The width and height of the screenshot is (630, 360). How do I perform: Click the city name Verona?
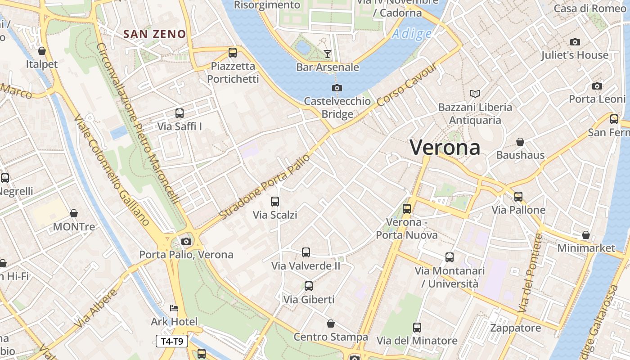pos(445,147)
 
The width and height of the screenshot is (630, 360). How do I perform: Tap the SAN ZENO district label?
pos(154,34)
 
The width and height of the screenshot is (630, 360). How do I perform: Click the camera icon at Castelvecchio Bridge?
pos(337,88)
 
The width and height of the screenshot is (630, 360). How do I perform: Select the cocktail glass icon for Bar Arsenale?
pos(328,54)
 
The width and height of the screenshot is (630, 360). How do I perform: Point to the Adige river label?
pos(411,34)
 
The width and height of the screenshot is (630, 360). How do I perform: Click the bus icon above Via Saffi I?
pos(180,113)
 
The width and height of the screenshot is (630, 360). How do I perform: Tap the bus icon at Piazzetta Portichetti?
pos(233,53)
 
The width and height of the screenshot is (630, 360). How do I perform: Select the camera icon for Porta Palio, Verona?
pos(186,242)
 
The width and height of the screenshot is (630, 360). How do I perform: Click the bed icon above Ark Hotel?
pos(174,309)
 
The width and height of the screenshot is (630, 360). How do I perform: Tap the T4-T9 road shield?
pos(172,341)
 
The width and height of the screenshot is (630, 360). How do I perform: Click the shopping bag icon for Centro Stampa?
pos(331,324)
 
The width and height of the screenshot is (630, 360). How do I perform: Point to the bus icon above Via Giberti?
pos(309,286)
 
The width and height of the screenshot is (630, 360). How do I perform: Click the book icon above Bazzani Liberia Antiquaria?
pos(475,94)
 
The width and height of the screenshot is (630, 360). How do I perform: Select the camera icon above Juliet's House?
pos(575,42)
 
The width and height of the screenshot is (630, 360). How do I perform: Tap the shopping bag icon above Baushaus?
pos(520,142)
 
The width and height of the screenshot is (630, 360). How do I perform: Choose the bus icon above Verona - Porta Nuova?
pos(407,209)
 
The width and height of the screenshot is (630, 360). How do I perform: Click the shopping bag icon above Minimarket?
pos(586,235)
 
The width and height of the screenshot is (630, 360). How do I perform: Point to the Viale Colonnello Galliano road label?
pos(111,170)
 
